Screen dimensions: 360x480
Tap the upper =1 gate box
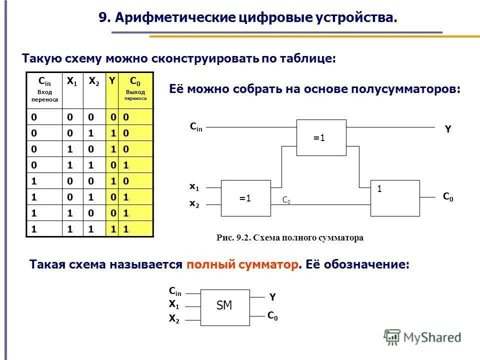coord(321,138)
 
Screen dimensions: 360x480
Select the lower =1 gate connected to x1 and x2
coord(245,198)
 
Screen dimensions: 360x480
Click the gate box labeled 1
coord(395,198)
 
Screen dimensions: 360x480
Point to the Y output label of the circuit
coord(448,129)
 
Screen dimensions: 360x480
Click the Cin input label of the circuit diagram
coord(196,127)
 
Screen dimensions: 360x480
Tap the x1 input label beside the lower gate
coord(194,186)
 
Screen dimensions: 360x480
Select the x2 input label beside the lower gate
coord(194,204)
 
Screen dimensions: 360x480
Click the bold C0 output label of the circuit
coord(448,197)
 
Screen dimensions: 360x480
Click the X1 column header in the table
coord(72,81)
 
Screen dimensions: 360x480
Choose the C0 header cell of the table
coord(135,89)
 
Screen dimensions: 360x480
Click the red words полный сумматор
coord(242,264)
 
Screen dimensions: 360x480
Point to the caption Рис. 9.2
coord(233,238)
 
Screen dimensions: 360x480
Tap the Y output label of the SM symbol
coord(272,297)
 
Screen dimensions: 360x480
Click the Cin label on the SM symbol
coord(175,291)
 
